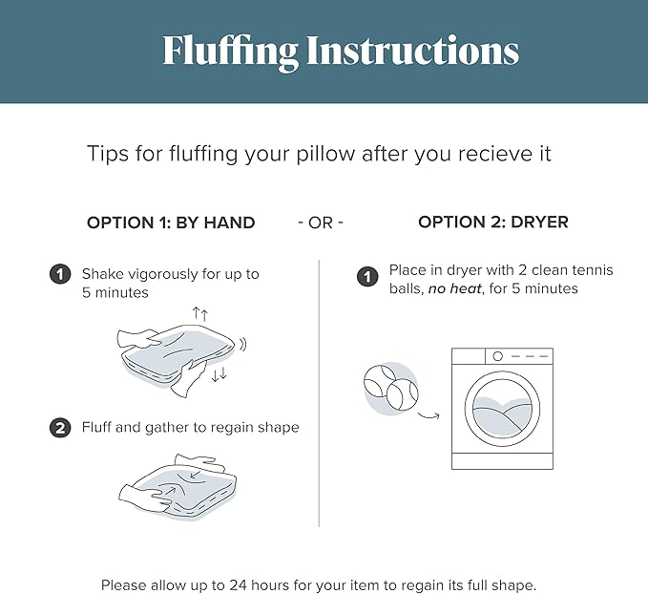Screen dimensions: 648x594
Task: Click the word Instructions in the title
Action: click(x=412, y=50)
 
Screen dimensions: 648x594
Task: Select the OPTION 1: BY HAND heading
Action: click(x=171, y=223)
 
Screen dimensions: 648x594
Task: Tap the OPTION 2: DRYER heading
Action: click(x=493, y=223)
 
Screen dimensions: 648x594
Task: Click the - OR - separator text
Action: click(x=321, y=223)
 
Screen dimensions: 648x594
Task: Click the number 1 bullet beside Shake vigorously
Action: click(x=60, y=274)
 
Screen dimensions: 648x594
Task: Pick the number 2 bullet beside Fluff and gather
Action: click(x=60, y=427)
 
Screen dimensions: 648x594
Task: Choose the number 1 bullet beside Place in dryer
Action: click(x=367, y=276)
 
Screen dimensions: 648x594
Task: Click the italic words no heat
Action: click(x=454, y=288)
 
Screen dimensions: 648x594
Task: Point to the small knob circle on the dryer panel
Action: click(x=497, y=356)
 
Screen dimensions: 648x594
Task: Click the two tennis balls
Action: click(x=391, y=388)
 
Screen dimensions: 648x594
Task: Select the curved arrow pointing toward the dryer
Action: click(x=429, y=415)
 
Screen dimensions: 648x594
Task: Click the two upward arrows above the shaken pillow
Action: click(x=200, y=314)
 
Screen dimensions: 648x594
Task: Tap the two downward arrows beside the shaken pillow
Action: click(x=219, y=374)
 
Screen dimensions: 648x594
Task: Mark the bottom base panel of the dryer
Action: click(x=502, y=461)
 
